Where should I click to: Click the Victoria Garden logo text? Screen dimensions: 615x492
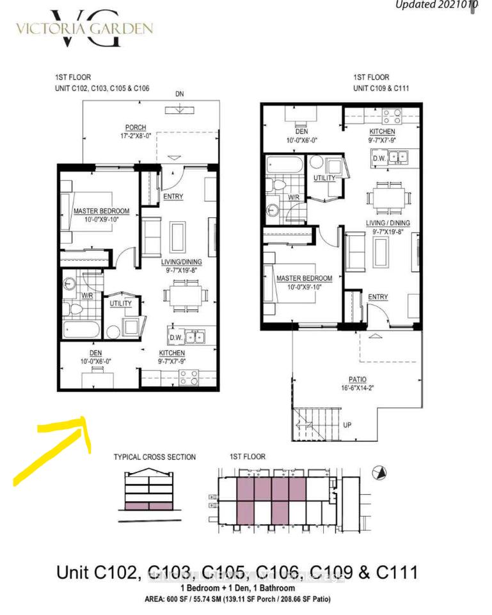84,28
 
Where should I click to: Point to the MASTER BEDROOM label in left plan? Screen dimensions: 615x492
101,211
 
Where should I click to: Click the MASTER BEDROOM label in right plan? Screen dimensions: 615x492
304,279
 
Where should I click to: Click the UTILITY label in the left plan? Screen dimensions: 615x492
120,303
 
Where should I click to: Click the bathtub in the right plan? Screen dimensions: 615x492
285,165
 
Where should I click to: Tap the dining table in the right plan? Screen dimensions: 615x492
390,199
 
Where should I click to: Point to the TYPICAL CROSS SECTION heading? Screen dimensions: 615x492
155,457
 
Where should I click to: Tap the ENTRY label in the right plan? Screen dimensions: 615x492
377,297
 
